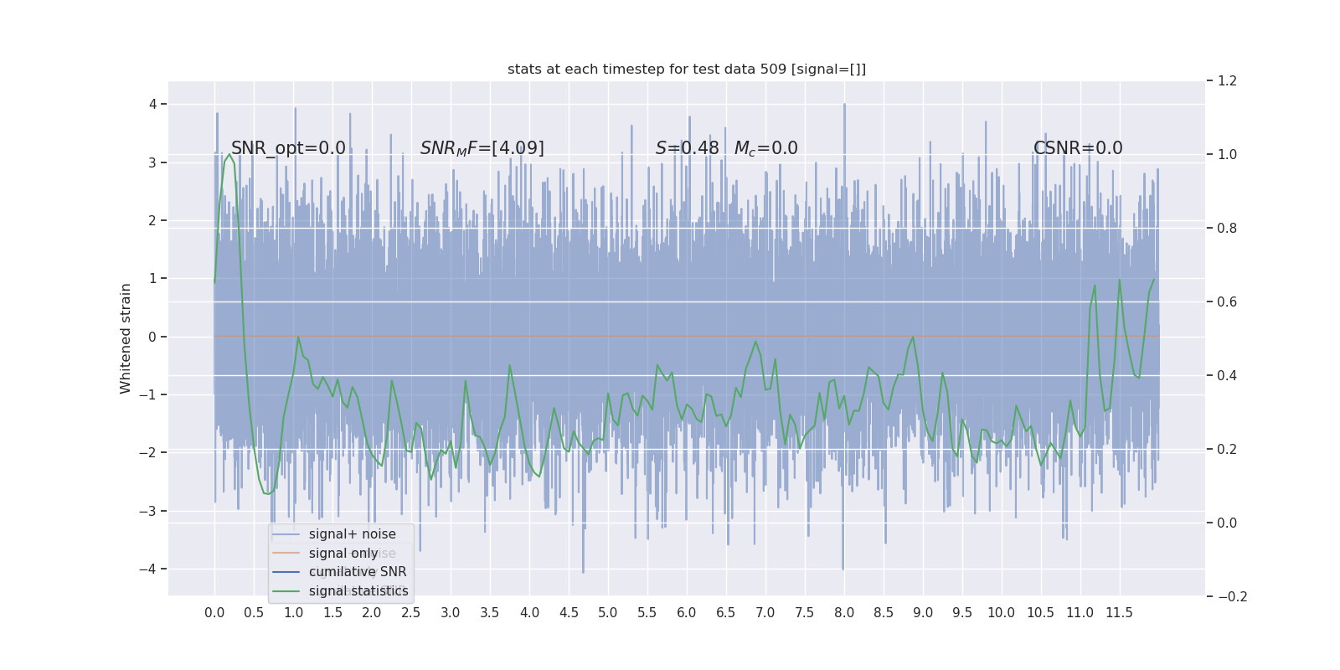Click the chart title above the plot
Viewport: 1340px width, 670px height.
[x=686, y=69]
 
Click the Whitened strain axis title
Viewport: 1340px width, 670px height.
[x=126, y=338]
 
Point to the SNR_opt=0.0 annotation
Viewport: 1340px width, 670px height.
[x=288, y=148]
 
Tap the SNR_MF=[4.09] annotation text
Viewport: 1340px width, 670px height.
[x=482, y=148]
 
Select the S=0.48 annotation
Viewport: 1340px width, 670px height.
[x=687, y=148]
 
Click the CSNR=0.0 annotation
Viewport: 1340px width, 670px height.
[x=1077, y=148]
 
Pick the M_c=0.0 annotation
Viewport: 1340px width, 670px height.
[x=765, y=148]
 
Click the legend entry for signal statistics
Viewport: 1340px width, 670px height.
[x=358, y=591]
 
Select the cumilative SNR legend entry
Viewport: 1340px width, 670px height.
[x=358, y=572]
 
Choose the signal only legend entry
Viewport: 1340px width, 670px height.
[x=343, y=553]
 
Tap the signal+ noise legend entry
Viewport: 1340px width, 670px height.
[x=352, y=534]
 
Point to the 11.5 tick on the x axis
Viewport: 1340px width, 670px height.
[x=1119, y=613]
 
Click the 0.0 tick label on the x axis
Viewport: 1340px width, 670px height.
[x=214, y=613]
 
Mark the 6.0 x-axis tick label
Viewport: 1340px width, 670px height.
[x=686, y=613]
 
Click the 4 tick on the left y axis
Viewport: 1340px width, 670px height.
[x=152, y=105]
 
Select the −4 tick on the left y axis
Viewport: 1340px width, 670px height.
[x=149, y=569]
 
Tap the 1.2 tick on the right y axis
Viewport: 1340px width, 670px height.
[x=1226, y=81]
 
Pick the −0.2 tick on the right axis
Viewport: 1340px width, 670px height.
[x=1231, y=596]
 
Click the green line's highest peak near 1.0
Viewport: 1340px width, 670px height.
[x=229, y=154]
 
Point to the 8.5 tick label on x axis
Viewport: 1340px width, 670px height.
[x=883, y=613]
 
